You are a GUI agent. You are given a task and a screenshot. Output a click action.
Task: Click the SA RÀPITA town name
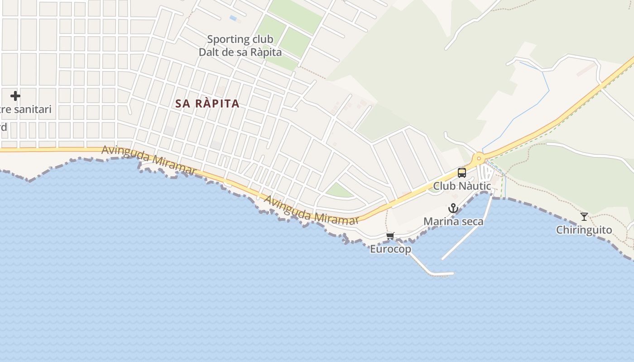pyautogui.click(x=207, y=103)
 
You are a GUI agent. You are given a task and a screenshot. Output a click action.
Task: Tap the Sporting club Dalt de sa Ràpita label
pyautogui.click(x=240, y=46)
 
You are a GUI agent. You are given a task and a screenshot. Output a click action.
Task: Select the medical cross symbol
pyautogui.click(x=15, y=96)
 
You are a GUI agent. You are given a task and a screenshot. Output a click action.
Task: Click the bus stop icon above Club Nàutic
pyautogui.click(x=461, y=172)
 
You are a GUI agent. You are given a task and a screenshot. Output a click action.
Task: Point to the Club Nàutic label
pyautogui.click(x=462, y=186)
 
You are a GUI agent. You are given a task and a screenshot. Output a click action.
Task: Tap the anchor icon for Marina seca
pyautogui.click(x=453, y=208)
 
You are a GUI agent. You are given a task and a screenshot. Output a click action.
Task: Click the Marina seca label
pyautogui.click(x=453, y=222)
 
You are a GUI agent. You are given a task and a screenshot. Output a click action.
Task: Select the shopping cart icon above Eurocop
pyautogui.click(x=390, y=236)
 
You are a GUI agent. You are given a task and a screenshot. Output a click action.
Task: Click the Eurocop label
pyautogui.click(x=390, y=249)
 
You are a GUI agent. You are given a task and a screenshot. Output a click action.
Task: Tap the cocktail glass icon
pyautogui.click(x=584, y=217)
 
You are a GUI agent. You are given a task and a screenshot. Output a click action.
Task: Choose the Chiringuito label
pyautogui.click(x=584, y=230)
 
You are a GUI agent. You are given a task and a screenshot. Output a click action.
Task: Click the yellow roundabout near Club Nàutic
pyautogui.click(x=479, y=159)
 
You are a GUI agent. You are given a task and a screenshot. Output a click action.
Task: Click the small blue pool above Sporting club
pyautogui.click(x=233, y=18)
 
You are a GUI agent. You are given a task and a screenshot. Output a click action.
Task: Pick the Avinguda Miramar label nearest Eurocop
pyautogui.click(x=311, y=210)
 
